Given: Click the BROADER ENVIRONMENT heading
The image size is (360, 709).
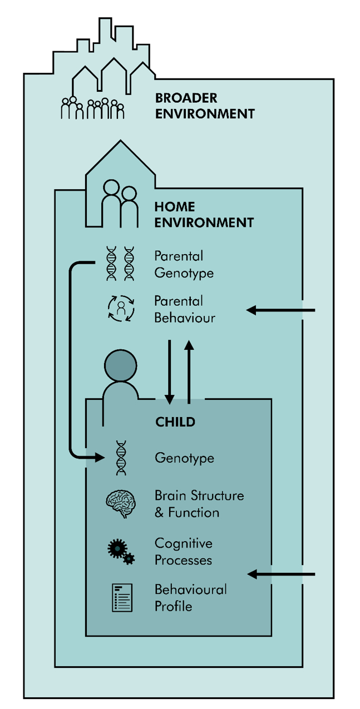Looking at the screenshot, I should click(204, 106).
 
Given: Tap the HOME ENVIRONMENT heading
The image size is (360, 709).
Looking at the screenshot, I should click(204, 215).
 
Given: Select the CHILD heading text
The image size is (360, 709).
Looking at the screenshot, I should click(175, 422).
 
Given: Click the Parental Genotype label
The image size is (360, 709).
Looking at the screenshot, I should click(184, 265).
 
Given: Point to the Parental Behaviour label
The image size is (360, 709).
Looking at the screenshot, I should click(185, 310).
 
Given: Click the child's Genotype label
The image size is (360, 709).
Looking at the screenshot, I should click(184, 458).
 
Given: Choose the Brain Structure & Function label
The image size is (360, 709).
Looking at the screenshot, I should click(199, 504).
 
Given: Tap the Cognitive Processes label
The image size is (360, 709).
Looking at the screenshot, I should click(184, 552).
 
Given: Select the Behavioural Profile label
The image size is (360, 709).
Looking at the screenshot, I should click(190, 597).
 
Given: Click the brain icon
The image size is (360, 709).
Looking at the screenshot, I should click(121, 503).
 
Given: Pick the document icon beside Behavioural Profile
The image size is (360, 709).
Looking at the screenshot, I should click(122, 598).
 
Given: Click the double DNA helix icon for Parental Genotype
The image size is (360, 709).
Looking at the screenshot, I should click(121, 264).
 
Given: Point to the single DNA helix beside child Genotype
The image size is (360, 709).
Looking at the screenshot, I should click(121, 458).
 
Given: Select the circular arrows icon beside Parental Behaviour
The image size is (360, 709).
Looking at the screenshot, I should click(121, 310).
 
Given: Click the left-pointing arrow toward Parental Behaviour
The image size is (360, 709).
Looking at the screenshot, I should click(280, 310).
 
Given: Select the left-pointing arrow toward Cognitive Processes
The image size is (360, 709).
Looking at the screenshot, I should click(280, 573).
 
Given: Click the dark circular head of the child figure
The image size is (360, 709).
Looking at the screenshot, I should click(120, 366).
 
